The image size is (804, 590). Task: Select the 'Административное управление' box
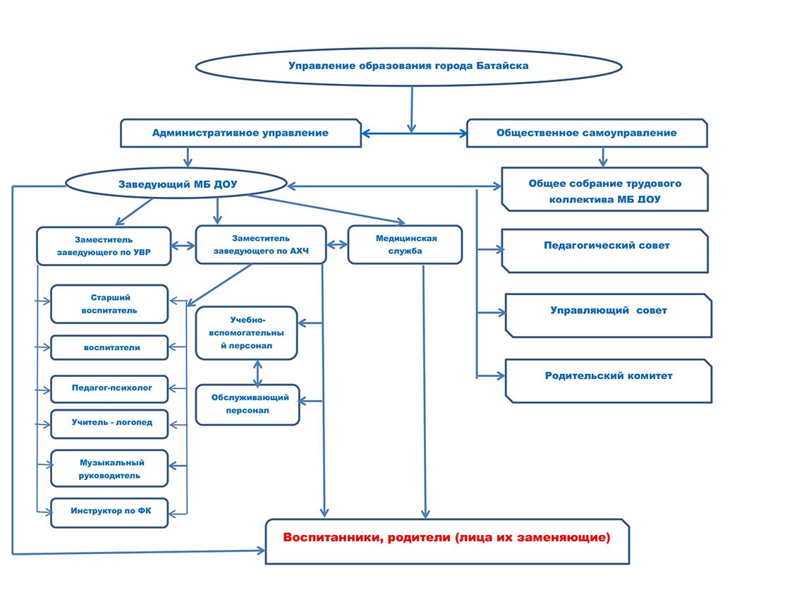click(x=241, y=133)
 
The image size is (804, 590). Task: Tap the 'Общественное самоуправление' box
click(x=587, y=133)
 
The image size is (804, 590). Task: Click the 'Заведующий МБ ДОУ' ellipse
click(x=176, y=184)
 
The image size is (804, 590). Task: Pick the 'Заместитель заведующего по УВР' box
click(x=104, y=246)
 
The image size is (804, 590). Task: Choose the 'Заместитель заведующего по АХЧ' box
click(x=261, y=245)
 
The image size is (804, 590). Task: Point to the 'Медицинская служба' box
click(x=405, y=245)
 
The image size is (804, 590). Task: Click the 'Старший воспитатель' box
click(x=109, y=303)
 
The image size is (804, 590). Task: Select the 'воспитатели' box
click(x=109, y=347)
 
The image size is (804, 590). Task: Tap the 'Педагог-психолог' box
click(x=109, y=388)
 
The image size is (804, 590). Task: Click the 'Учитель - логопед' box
click(x=109, y=423)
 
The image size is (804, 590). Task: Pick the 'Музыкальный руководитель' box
click(x=109, y=469)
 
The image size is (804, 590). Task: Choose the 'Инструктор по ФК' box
click(x=109, y=512)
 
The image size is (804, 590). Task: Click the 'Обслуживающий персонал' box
click(x=248, y=404)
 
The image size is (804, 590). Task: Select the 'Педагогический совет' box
click(x=605, y=251)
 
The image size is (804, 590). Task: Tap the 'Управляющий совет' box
click(x=609, y=315)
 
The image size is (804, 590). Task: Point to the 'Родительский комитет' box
click(x=609, y=380)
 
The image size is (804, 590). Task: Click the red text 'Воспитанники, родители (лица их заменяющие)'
click(x=446, y=538)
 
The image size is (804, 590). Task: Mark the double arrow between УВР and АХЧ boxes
click(x=183, y=246)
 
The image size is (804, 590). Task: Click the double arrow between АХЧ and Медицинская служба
click(x=337, y=245)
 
